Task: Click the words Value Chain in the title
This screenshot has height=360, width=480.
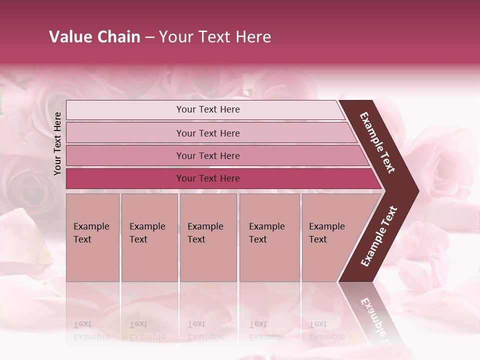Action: click(94, 37)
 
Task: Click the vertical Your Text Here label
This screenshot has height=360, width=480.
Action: click(57, 143)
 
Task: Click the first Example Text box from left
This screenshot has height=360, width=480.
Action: click(92, 237)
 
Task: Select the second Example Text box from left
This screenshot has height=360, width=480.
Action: click(149, 237)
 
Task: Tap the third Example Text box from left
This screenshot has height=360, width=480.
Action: click(208, 237)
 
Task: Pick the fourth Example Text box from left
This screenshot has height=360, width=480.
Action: click(269, 237)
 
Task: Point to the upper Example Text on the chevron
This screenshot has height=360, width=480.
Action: click(377, 142)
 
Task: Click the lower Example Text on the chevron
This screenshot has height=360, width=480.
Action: click(379, 236)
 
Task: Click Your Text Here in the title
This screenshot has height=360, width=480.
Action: click(215, 37)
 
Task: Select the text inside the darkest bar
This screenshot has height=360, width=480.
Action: click(208, 178)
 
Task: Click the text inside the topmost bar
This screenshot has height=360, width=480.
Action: click(208, 109)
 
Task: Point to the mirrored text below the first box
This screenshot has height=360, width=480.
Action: click(91, 330)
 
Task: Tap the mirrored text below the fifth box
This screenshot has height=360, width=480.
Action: click(326, 330)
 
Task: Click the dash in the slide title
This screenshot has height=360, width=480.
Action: click(149, 37)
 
